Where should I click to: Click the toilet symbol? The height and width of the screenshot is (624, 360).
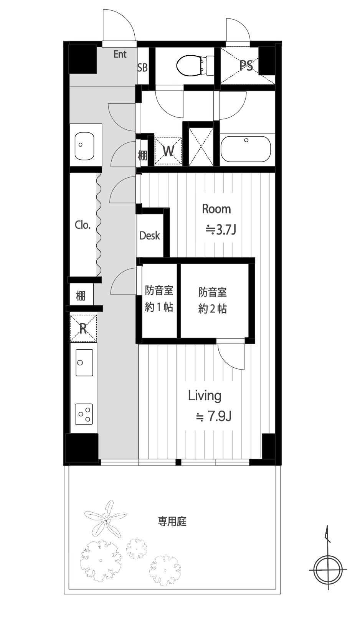pyautogui.click(x=195, y=66)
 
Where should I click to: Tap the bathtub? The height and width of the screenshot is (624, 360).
pyautogui.click(x=246, y=149)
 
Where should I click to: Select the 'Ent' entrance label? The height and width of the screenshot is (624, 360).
pyautogui.click(x=120, y=54)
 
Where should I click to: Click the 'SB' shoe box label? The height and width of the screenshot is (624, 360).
pyautogui.click(x=142, y=68)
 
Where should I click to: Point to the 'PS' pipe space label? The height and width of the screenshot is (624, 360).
pyautogui.click(x=246, y=66)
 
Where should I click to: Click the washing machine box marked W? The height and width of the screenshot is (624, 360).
pyautogui.click(x=168, y=151)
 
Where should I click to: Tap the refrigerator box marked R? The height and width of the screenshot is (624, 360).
pyautogui.click(x=83, y=329)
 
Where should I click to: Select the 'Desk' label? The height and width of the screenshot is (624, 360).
pyautogui.click(x=150, y=236)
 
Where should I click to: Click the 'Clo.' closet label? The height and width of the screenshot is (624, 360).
pyautogui.click(x=83, y=225)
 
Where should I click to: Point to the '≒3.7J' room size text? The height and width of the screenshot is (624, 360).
pyautogui.click(x=221, y=230)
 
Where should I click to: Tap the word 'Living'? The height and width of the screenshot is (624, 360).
pyautogui.click(x=205, y=396)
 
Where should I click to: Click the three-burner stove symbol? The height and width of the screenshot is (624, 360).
pyautogui.click(x=84, y=414)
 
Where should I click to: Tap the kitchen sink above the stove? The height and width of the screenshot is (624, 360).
pyautogui.click(x=84, y=363)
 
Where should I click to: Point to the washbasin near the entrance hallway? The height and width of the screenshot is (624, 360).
pyautogui.click(x=84, y=146)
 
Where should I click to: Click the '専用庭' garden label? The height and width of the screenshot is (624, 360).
pyautogui.click(x=172, y=522)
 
